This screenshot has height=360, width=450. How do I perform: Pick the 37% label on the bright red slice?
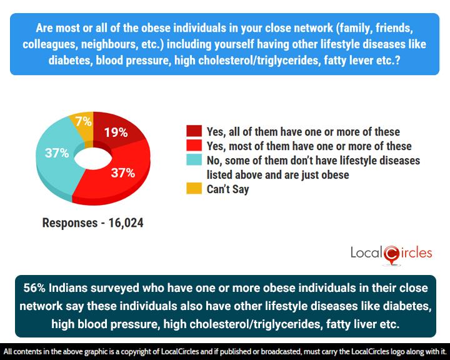click(x=122, y=172)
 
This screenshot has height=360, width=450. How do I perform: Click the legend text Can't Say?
click(x=227, y=189)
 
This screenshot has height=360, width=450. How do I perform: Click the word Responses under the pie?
click(x=67, y=222)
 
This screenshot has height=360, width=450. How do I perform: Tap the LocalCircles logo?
click(x=390, y=253)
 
